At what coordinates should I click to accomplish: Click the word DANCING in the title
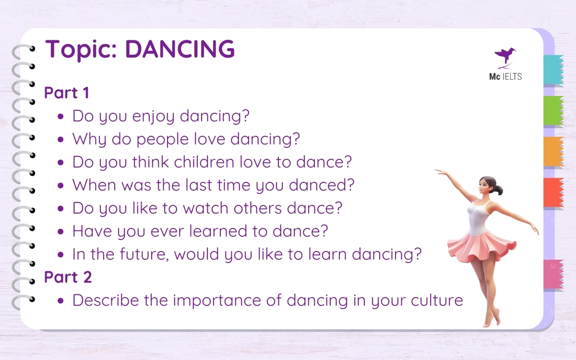pyautogui.click(x=180, y=49)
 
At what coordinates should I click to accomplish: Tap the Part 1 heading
pyautogui.click(x=67, y=93)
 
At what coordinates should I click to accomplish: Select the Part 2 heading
pyautogui.click(x=68, y=277)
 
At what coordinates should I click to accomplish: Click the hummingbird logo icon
pyautogui.click(x=505, y=56)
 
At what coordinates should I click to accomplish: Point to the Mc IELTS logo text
pyautogui.click(x=505, y=76)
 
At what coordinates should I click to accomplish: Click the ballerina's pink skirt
pyautogui.click(x=480, y=245)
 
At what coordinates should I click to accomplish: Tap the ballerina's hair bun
pyautogui.click(x=499, y=191)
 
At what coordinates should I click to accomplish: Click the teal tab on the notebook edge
pyautogui.click(x=553, y=70)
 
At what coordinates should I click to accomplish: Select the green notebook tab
pyautogui.click(x=553, y=111)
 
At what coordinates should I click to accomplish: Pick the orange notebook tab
pyautogui.click(x=553, y=152)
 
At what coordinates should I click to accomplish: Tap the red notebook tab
pyautogui.click(x=553, y=192)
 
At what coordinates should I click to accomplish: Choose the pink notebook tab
pyautogui.click(x=553, y=274)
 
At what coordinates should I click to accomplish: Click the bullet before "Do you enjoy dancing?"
pyautogui.click(x=60, y=116)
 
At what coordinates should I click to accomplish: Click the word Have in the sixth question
pyautogui.click(x=89, y=231)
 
